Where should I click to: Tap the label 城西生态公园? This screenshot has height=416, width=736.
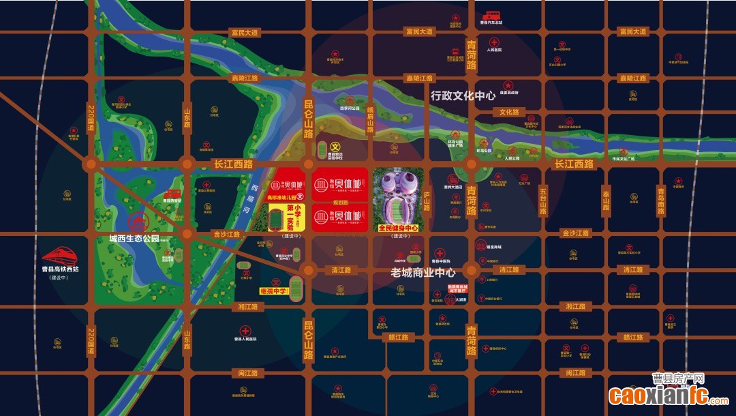(134, 239)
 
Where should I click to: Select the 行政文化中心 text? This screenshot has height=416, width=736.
(463, 96)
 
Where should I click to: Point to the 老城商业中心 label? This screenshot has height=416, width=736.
(423, 272)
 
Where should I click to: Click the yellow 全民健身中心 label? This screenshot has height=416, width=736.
(398, 228)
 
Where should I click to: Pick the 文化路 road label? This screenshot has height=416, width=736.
(508, 112)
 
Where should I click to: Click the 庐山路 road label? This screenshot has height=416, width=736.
(427, 202)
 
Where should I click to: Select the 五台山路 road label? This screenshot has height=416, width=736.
(543, 201)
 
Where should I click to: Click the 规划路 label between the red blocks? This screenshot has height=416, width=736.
(341, 203)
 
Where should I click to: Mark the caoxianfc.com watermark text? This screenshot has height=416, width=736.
(658, 394)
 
